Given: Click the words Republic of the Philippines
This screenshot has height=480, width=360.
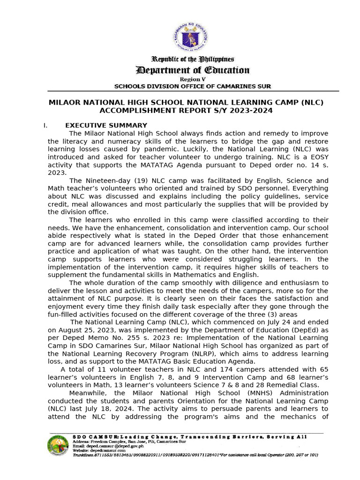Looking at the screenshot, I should pos(192,59).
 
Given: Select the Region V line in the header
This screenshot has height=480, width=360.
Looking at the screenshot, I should pos(192,79).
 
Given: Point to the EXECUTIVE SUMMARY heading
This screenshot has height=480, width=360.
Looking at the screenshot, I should pos(106,125).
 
